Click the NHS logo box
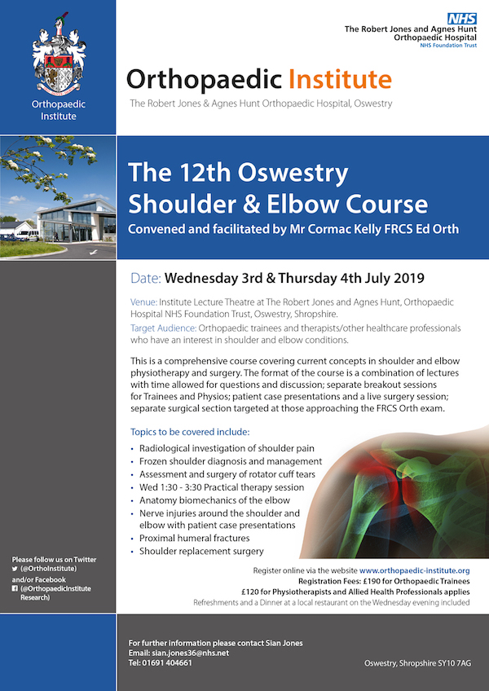462,19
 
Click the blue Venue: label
143,302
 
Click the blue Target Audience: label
164,328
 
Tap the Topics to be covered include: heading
190,430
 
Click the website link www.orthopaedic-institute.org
415,570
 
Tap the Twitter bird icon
15,568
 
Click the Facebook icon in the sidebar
15,588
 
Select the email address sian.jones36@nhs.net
191,653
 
